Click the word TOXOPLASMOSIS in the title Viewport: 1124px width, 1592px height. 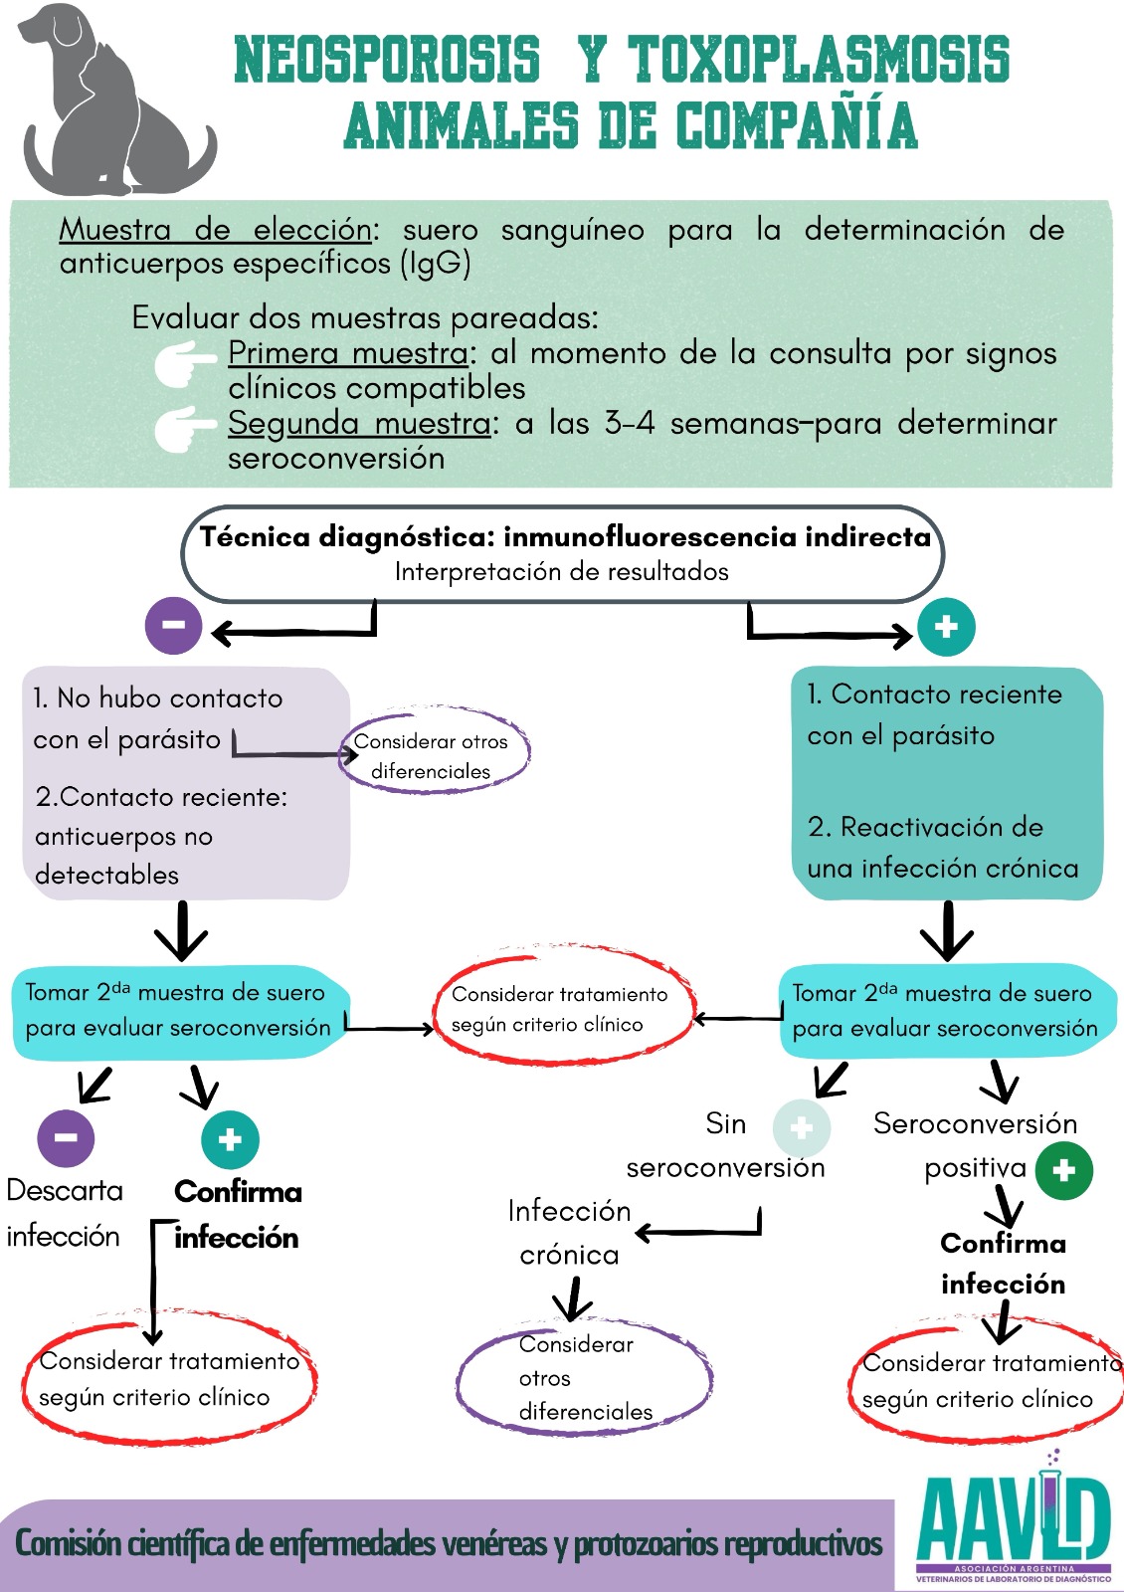coord(818,59)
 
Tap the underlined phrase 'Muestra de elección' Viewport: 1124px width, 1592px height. coord(215,230)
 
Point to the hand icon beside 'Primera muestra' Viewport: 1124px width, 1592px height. coord(184,363)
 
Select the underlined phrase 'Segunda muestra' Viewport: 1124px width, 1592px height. coord(358,424)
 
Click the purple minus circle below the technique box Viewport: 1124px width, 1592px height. coord(173,626)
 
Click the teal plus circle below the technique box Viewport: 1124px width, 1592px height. coord(945,627)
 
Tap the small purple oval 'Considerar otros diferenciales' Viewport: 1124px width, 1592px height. coord(433,754)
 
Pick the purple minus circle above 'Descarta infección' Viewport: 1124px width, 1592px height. coord(66,1137)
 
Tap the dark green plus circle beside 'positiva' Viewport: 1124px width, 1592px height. coord(1063,1170)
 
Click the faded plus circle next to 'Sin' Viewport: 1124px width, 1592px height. coord(801,1127)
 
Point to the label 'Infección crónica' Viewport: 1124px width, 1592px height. coord(569,1232)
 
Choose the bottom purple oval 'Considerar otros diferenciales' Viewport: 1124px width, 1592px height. coord(584,1378)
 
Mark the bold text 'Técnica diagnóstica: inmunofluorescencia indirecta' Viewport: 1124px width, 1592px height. coord(564,537)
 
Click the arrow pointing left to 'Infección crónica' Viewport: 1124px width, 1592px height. coord(696,1232)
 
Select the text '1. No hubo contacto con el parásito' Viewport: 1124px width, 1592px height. coord(157,718)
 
